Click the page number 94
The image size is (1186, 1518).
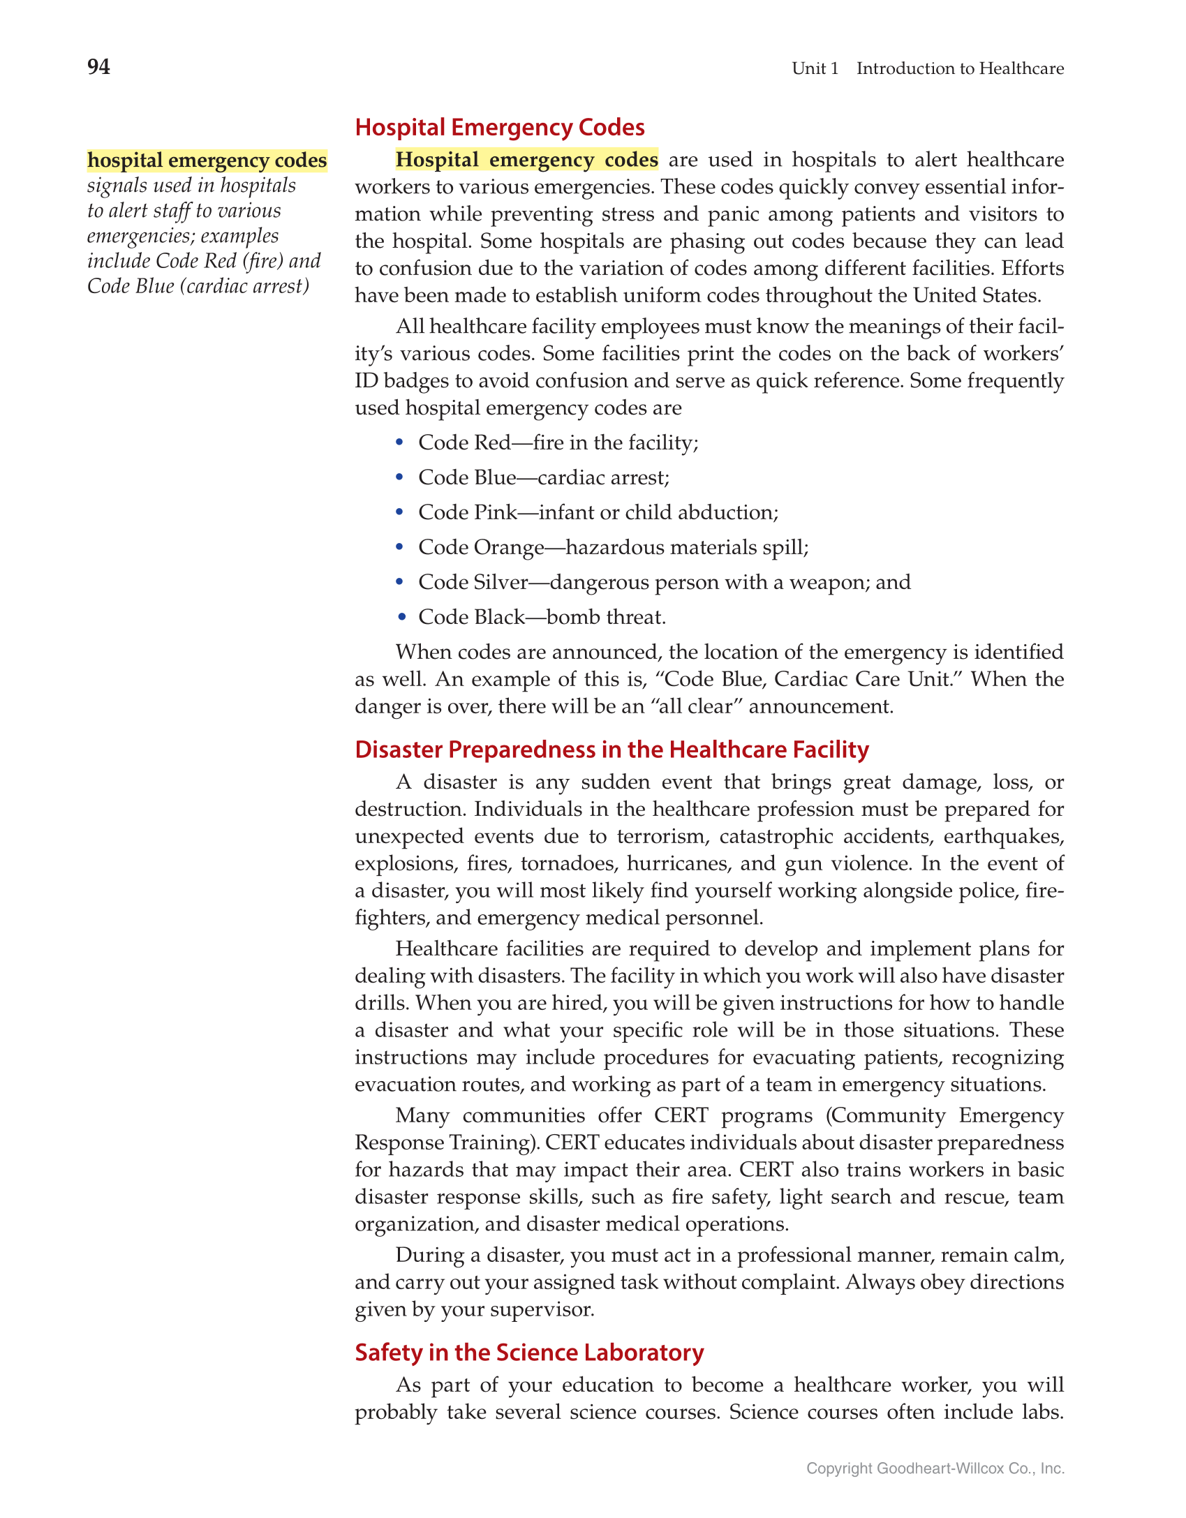click(x=98, y=67)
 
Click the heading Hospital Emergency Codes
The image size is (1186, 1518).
click(x=499, y=128)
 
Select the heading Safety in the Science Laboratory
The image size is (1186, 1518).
click(x=528, y=1352)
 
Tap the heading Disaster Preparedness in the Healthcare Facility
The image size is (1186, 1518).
click(x=611, y=749)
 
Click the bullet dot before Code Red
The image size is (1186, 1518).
click(x=399, y=442)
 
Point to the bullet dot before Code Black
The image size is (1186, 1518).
click(x=399, y=616)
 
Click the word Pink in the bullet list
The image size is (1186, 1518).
click(x=496, y=512)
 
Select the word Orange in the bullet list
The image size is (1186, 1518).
click(x=509, y=548)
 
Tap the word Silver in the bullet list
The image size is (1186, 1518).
click(x=501, y=582)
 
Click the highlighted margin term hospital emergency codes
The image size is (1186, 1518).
click(x=207, y=161)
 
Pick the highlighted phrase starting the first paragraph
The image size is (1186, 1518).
click(x=526, y=160)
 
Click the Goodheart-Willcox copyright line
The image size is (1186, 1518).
click(x=935, y=1468)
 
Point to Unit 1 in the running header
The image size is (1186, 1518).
click(x=815, y=68)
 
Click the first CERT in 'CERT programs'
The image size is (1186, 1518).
click(x=681, y=1115)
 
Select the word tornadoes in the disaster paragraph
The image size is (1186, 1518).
click(x=569, y=864)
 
